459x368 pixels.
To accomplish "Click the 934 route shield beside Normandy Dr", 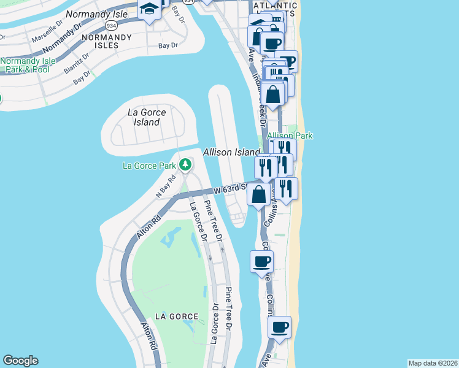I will [111, 26].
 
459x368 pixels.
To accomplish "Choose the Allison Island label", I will [231, 151].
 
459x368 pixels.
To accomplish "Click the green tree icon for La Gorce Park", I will [185, 164].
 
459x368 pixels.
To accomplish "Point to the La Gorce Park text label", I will [149, 165].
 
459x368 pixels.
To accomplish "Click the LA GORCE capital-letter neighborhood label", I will [177, 316].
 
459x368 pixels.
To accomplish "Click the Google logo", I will [20, 361].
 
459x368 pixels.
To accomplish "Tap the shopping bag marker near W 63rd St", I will [259, 194].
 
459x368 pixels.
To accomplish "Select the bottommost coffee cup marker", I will [280, 327].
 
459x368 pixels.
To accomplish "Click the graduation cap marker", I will [149, 9].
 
